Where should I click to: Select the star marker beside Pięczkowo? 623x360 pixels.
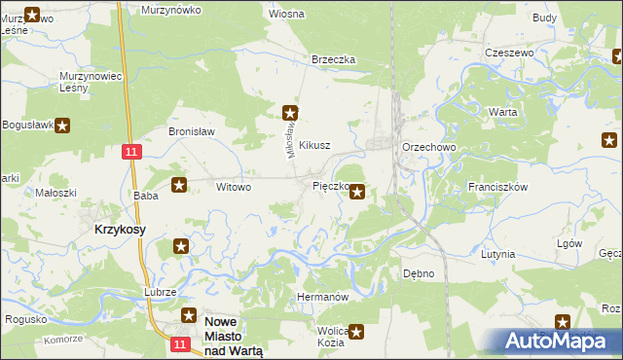(x=358, y=192)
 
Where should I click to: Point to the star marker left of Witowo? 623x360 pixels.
(x=179, y=185)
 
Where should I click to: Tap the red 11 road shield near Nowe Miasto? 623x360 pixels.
(x=178, y=344)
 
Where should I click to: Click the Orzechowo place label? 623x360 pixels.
(x=428, y=147)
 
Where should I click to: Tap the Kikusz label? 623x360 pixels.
(x=315, y=145)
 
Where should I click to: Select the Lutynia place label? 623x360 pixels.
(x=497, y=254)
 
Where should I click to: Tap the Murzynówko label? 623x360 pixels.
(x=170, y=9)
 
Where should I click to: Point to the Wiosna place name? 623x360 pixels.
(x=286, y=15)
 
